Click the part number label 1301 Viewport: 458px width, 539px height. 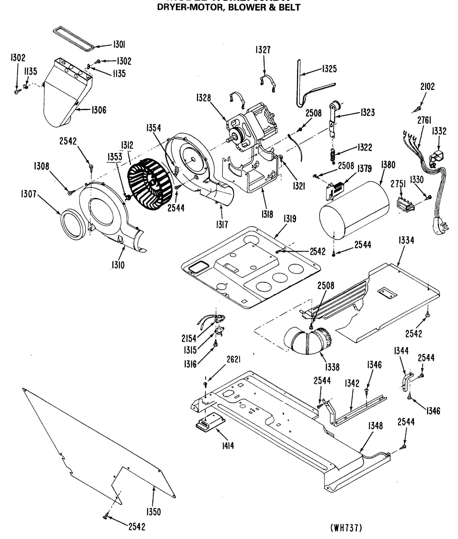point(119,45)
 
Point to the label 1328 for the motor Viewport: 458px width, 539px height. point(203,98)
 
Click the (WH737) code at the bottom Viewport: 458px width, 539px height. point(346,528)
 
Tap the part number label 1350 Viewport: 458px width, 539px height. point(153,512)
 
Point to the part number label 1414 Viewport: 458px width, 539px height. point(228,446)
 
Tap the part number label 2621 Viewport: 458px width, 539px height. point(233,360)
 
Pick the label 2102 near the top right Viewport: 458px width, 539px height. point(428,86)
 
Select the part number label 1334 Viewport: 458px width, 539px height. point(406,241)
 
